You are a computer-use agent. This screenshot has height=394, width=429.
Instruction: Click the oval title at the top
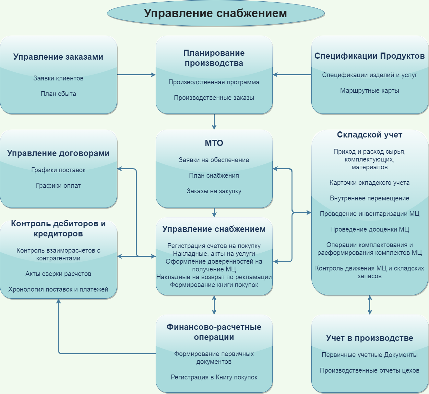coord(216,13)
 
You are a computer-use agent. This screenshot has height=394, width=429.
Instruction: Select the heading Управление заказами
coord(58,57)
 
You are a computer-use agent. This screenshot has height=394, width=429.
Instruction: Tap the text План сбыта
coord(58,94)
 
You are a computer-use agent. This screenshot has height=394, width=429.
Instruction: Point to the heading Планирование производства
coord(214,58)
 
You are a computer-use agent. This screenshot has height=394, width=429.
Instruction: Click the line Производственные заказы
coord(214,98)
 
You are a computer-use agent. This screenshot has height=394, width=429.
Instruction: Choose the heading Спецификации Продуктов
coord(370,56)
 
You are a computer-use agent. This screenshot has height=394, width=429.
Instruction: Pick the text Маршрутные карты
coord(370,90)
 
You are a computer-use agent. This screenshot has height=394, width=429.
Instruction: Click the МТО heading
coord(214,143)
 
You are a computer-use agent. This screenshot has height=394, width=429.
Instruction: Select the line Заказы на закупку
coord(214,191)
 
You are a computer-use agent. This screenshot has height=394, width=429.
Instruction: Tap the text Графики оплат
coord(58,185)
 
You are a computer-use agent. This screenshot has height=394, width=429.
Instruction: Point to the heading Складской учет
coord(370,135)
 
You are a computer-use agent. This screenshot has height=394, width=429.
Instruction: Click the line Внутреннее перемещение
coord(370,198)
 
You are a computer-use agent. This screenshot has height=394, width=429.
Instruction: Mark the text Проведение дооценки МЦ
coord(370,229)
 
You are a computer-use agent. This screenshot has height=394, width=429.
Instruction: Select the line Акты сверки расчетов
coord(58,274)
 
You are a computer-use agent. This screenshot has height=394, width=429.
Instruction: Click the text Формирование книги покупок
coord(214,285)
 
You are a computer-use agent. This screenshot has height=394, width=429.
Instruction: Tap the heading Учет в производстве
coord(370,338)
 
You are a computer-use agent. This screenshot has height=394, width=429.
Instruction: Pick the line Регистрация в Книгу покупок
coord(214,377)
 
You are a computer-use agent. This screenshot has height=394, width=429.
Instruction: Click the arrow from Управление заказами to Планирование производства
coord(136,75)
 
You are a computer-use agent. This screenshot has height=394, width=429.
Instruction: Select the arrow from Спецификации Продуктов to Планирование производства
coord(292,75)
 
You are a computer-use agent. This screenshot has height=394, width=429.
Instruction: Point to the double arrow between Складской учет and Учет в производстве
coord(370,305)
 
